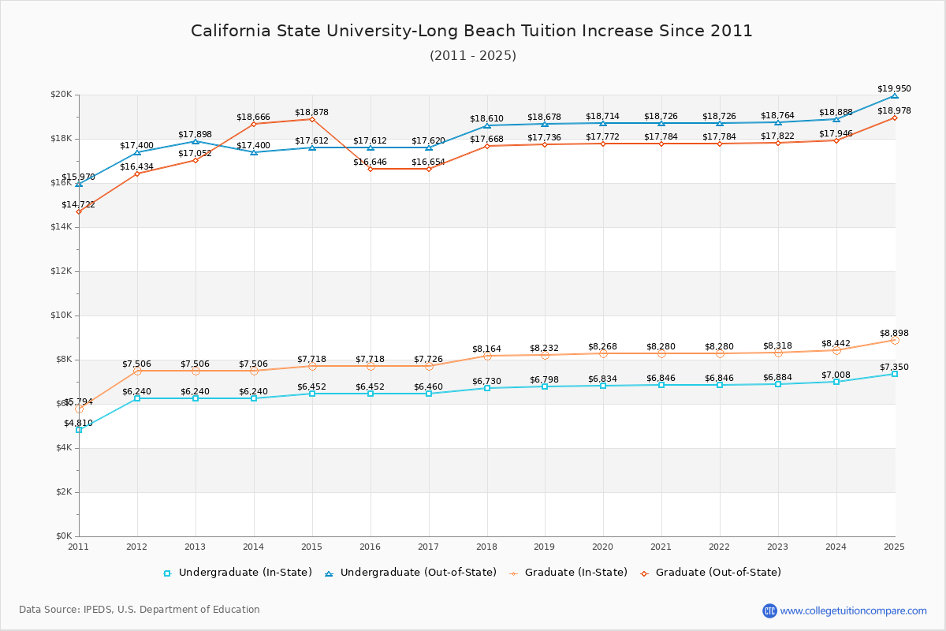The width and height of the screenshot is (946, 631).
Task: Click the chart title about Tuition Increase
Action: tap(471, 31)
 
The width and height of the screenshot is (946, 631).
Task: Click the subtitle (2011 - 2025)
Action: tap(473, 55)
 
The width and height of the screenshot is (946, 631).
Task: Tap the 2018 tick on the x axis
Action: tap(486, 546)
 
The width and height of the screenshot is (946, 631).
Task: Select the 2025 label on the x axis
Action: tap(894, 546)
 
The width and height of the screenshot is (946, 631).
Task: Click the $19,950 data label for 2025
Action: tap(894, 88)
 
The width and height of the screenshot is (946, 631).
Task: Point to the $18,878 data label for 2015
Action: tap(311, 112)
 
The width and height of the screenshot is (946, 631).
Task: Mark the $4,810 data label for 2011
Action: tap(78, 423)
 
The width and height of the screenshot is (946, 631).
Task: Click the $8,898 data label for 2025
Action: tap(894, 333)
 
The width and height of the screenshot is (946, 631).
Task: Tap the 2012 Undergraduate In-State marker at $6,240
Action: tap(137, 398)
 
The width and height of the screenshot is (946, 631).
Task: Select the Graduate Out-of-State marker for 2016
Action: tap(371, 169)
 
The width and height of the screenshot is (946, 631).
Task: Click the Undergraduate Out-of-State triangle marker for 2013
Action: tap(196, 141)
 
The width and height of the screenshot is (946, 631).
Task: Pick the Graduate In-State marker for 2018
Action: tap(487, 356)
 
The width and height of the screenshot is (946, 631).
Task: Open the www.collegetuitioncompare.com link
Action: tap(853, 610)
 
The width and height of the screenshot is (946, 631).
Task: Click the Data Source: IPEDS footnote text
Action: tap(140, 610)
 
